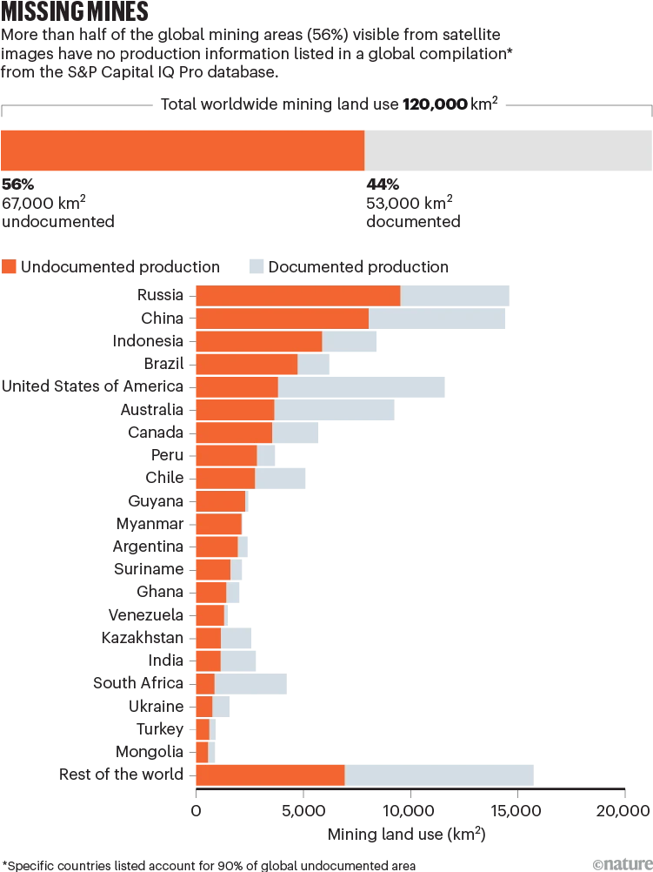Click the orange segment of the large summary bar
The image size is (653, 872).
182,150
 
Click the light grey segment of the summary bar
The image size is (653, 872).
509,150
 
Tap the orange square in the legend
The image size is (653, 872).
10,267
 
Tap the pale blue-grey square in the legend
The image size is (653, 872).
254,267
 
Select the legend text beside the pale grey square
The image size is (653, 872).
357,267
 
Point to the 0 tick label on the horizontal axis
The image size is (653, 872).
196,811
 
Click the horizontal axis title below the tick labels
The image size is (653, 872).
406,833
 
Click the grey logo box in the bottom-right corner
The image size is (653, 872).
621,863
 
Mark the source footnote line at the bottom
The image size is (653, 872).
209,865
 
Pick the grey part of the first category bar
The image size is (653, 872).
457,296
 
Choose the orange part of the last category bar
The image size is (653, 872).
270,773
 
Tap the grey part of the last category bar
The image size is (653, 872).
440,773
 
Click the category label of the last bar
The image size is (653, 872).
123,772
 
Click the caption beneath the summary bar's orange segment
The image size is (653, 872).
58,203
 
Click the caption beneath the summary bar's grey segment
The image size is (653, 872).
413,203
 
